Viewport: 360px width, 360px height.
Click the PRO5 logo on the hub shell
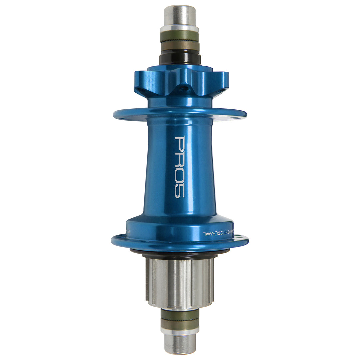tap(180, 167)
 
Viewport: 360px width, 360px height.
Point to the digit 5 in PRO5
tap(180, 191)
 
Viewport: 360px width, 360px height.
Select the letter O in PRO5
tap(180, 174)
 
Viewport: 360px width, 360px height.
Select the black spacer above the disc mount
tap(180, 59)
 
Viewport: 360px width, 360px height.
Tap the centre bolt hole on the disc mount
tap(182, 88)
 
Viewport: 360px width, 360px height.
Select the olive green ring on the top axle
tap(180, 36)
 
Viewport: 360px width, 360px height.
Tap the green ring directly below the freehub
tap(180, 314)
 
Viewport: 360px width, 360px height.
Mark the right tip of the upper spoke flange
tap(246, 114)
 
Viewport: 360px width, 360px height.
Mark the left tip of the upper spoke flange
tap(114, 114)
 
